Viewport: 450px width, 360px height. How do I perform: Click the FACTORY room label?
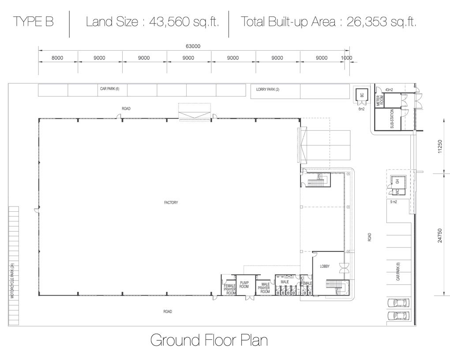click(x=171, y=202)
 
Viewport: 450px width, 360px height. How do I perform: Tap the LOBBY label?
click(x=325, y=266)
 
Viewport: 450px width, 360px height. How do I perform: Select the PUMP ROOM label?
click(x=244, y=285)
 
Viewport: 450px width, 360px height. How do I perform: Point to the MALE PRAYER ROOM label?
click(x=264, y=288)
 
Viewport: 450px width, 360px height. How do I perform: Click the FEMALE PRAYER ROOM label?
click(x=229, y=289)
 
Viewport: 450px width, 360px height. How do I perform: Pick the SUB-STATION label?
click(x=392, y=119)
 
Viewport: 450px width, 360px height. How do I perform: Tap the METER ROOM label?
click(x=380, y=101)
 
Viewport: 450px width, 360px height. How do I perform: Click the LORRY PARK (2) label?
click(x=267, y=90)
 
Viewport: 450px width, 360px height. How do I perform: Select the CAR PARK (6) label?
click(x=109, y=89)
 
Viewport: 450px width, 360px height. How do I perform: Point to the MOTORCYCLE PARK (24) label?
click(x=12, y=281)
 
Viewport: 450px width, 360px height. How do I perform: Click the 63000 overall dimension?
click(x=193, y=46)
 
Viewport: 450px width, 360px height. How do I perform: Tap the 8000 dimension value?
click(x=57, y=58)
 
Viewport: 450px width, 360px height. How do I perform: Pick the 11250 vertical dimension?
click(x=440, y=146)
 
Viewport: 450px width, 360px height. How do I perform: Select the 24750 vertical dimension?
click(x=440, y=236)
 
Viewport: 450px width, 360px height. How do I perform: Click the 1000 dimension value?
click(x=346, y=58)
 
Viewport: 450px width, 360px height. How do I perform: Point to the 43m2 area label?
click(x=389, y=90)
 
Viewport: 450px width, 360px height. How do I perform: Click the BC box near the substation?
click(x=362, y=95)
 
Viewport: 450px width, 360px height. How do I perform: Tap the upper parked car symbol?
click(x=399, y=303)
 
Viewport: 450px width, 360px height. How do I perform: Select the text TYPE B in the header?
click(x=33, y=22)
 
